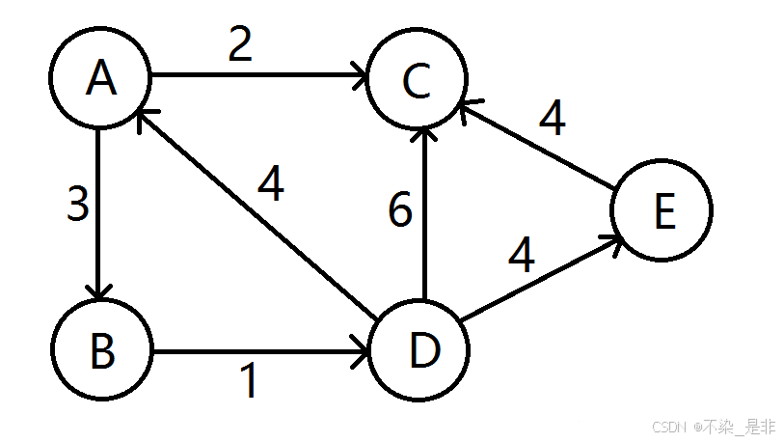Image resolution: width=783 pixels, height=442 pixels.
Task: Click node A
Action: click(100, 79)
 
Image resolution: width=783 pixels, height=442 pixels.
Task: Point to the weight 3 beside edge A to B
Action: click(78, 205)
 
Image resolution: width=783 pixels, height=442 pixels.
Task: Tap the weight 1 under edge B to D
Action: click(249, 382)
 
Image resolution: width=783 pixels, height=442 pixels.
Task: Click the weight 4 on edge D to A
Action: click(272, 184)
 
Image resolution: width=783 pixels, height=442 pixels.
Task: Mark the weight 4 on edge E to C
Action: click(552, 120)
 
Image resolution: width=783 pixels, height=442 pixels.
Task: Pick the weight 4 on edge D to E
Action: click(522, 255)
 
